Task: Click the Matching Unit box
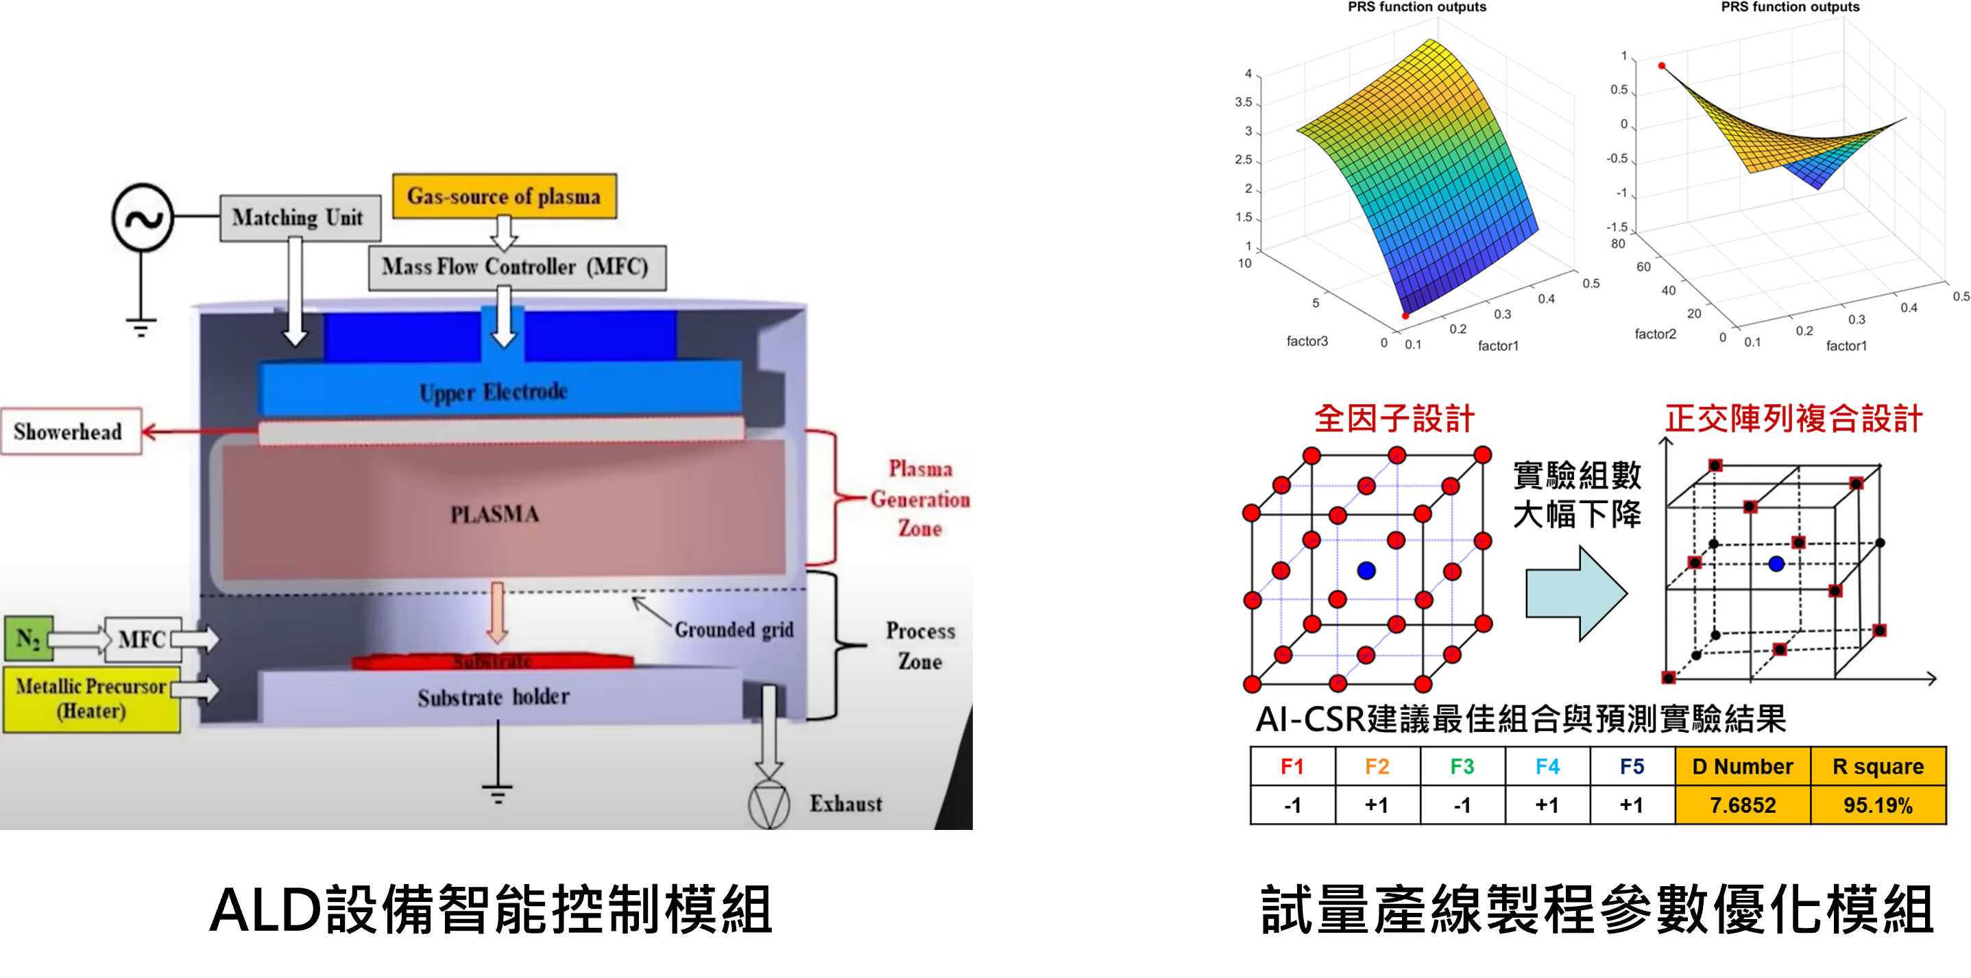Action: [x=297, y=218]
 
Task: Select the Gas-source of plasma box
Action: [x=503, y=197]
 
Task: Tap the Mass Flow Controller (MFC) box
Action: [x=516, y=267]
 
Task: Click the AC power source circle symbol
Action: [x=143, y=218]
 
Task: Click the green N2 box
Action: [x=28, y=639]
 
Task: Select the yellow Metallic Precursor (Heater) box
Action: [x=91, y=699]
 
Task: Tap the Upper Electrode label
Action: [x=494, y=391]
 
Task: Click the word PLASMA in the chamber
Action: [x=494, y=515]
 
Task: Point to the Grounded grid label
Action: [x=733, y=630]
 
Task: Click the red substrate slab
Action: [x=492, y=661]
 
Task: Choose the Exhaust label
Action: [x=845, y=804]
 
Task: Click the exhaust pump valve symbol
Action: [x=769, y=805]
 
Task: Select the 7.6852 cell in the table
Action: [x=1742, y=805]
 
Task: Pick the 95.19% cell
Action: [x=1878, y=805]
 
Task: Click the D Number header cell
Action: [x=1742, y=766]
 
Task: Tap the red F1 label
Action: [x=1292, y=766]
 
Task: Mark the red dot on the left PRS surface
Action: [x=1405, y=316]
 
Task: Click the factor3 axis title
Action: [x=1307, y=341]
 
